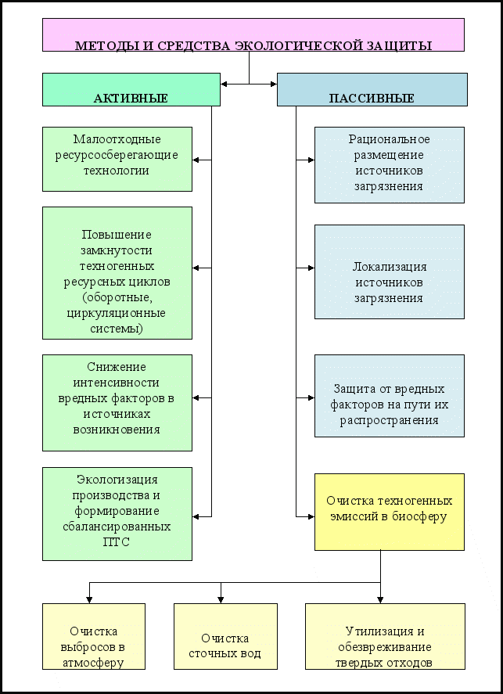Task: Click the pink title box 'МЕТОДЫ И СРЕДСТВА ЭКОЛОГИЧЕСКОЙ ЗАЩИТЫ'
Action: point(253,35)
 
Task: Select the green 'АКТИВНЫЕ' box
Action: point(131,89)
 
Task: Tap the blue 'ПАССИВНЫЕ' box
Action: point(372,89)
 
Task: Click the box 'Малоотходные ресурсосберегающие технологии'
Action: point(117,160)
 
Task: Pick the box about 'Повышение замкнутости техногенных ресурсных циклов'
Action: point(117,273)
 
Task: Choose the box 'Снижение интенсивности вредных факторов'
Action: point(117,403)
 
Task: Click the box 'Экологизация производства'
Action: point(117,514)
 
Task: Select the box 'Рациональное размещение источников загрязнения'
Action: point(390,165)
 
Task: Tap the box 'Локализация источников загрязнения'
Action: point(390,271)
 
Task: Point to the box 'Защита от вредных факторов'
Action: point(390,396)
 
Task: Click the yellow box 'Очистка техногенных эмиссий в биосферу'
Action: point(390,512)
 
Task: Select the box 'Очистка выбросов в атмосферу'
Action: point(94,636)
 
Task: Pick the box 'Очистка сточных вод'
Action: point(225,636)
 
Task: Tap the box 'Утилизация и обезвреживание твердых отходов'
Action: point(385,636)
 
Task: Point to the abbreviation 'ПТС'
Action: point(117,542)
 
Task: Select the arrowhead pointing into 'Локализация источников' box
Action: point(311,268)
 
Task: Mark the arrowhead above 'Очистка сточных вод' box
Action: point(221,599)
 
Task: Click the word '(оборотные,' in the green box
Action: point(117,297)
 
